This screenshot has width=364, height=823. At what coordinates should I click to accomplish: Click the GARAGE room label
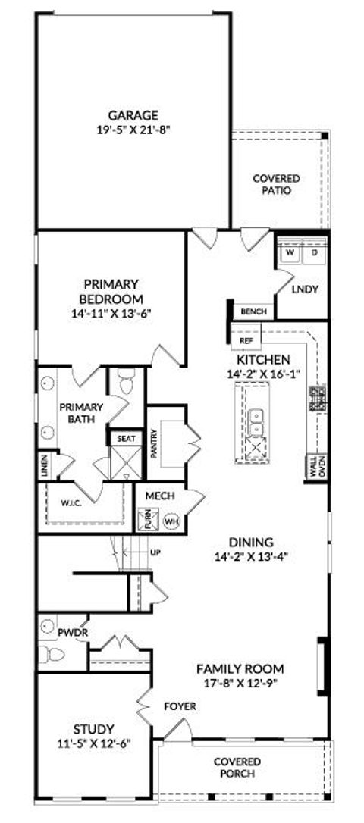point(133,115)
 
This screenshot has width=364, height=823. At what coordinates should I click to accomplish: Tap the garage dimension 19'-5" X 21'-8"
point(133,129)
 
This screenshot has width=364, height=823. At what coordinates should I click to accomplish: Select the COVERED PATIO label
point(276,184)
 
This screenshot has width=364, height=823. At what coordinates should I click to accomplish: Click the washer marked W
point(289,253)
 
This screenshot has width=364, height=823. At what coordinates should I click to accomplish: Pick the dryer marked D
point(313,253)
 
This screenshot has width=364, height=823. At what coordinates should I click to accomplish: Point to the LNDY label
point(304,289)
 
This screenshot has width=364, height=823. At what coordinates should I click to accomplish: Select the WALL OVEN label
point(316,465)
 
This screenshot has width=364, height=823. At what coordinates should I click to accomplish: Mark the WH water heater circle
point(171,521)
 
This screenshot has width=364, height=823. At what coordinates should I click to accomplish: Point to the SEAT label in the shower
point(124,439)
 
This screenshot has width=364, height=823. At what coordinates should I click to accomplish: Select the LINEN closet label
point(45,466)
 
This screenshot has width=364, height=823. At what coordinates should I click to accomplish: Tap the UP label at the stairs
point(156,552)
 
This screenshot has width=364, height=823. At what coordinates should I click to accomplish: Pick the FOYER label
point(180,706)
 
